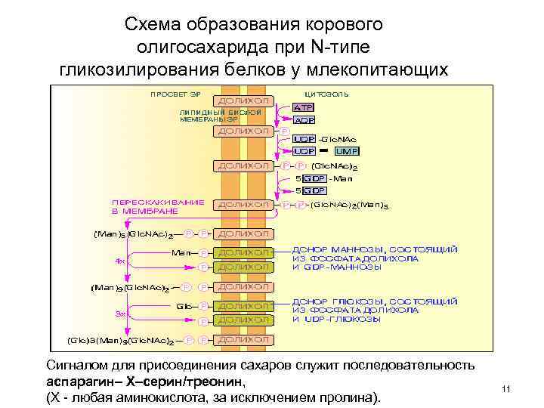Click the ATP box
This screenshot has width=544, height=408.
click(x=304, y=107)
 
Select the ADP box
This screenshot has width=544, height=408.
click(x=304, y=119)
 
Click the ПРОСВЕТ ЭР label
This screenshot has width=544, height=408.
click(x=175, y=95)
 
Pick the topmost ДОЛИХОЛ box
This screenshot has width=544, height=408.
click(x=243, y=100)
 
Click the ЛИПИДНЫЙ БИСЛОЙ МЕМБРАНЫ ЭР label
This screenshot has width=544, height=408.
click(x=221, y=115)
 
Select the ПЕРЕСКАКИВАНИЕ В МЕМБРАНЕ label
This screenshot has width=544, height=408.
click(x=157, y=207)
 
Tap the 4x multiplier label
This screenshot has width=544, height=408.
click(x=120, y=261)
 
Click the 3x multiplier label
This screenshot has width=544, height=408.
click(x=120, y=312)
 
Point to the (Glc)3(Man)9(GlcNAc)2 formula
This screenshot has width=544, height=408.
click(x=124, y=341)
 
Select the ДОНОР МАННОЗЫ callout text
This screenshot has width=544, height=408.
click(x=374, y=258)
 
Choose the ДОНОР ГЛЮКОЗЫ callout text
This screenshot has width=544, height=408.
click(x=374, y=310)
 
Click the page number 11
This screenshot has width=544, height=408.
click(x=507, y=388)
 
